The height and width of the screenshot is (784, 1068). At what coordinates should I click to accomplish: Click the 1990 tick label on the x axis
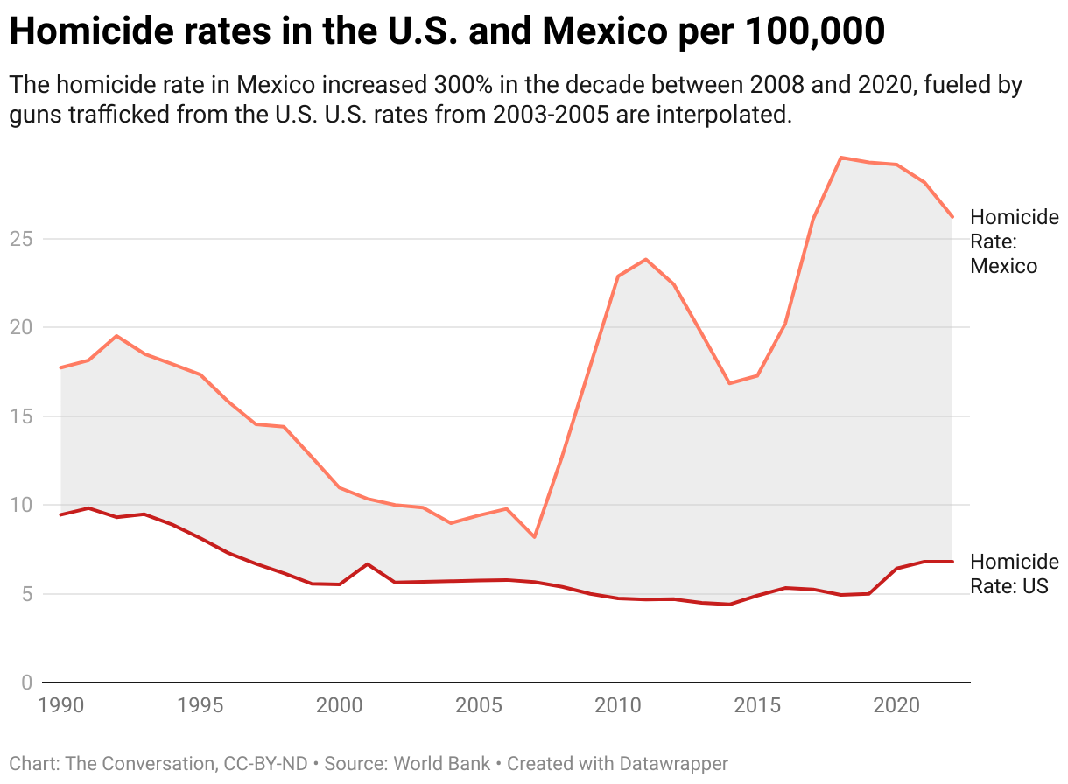(x=60, y=705)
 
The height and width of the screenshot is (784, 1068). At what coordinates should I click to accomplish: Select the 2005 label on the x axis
(x=479, y=705)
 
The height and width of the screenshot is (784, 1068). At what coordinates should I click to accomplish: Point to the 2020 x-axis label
(x=896, y=705)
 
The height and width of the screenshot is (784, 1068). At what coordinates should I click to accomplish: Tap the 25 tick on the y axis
(x=24, y=239)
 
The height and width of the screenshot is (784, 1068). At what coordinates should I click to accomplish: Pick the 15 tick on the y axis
(x=24, y=416)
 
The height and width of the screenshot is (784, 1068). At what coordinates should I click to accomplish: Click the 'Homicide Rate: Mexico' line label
(x=1014, y=241)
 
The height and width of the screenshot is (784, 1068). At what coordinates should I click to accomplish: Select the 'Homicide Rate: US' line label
(x=1014, y=574)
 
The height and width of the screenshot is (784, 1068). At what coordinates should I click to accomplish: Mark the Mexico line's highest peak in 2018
(x=840, y=157)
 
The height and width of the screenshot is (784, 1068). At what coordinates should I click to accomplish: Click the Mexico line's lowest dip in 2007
(x=534, y=537)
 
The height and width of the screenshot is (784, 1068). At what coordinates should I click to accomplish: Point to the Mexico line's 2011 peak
(x=645, y=259)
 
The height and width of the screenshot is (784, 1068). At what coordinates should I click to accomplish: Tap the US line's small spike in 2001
(x=367, y=563)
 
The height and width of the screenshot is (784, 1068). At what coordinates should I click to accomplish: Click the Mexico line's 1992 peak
(x=116, y=336)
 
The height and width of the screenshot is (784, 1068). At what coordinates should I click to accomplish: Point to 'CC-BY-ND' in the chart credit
(x=266, y=763)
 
